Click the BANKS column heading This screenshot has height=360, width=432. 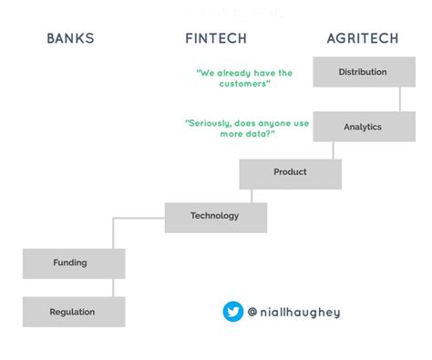70,38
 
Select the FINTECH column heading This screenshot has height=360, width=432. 216,38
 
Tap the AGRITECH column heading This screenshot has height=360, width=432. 362,38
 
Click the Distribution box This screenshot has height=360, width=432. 363,72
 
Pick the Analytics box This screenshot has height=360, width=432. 363,127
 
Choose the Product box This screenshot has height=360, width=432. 290,172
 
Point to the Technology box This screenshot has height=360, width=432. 215,216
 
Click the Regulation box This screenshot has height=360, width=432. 73,312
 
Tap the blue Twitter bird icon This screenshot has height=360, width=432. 233,312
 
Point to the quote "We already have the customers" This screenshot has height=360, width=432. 245,77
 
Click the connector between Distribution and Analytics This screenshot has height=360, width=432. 399,99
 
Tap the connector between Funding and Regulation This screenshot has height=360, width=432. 113,287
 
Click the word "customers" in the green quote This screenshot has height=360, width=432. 245,84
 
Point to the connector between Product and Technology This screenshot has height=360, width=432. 252,196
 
